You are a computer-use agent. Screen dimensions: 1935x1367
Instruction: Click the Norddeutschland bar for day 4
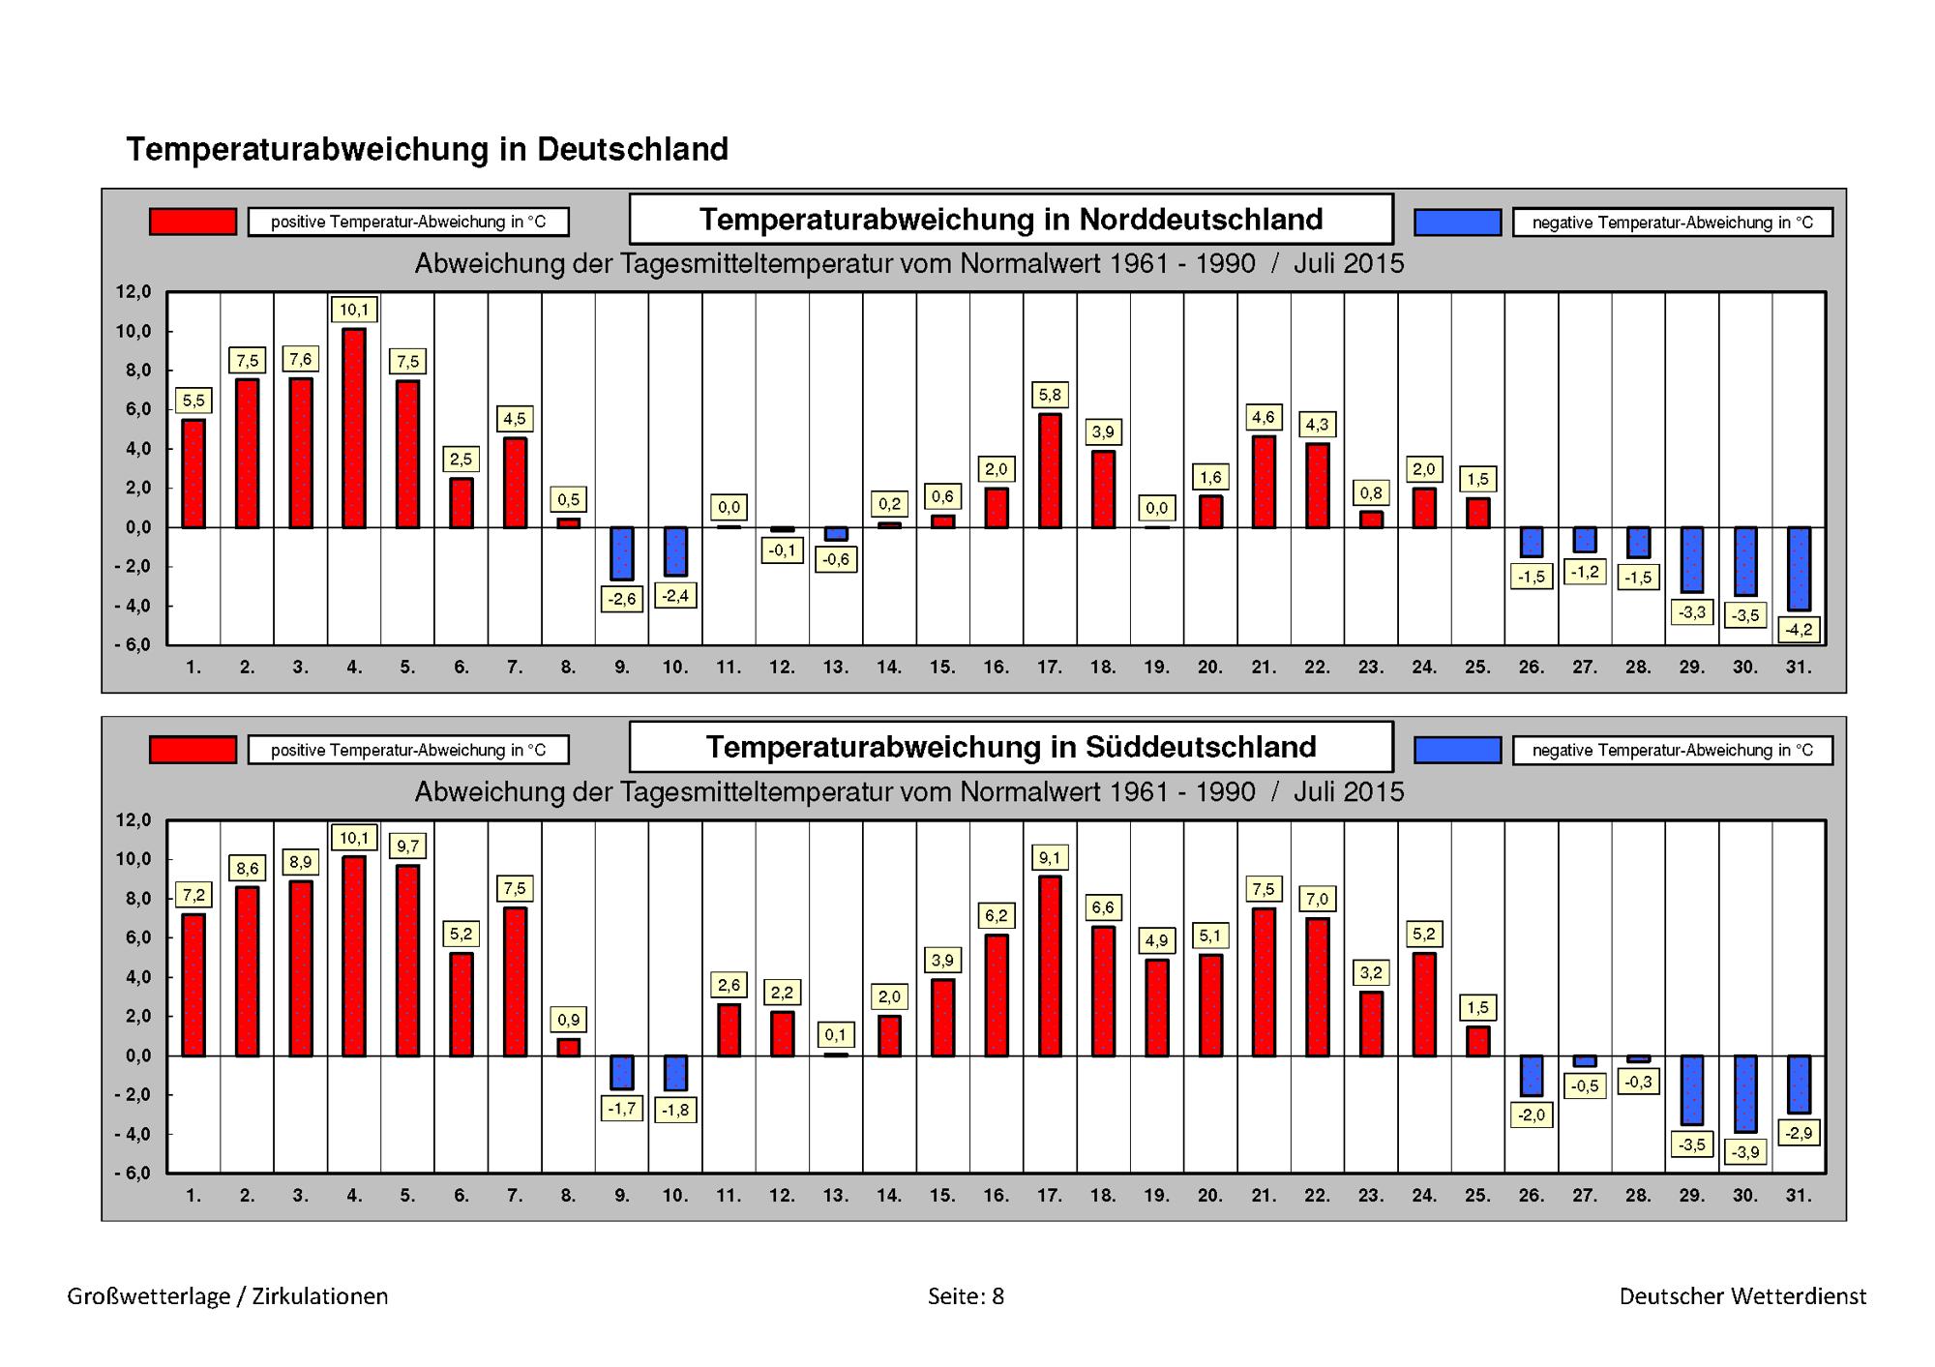coord(354,428)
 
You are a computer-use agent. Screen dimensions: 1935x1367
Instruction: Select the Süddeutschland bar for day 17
coord(1050,966)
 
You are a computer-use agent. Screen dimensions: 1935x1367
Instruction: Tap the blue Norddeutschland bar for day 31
coord(1799,569)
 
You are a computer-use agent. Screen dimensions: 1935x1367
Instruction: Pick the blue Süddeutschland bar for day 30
coord(1745,1093)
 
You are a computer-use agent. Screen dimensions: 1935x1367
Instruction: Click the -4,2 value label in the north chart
coord(1799,630)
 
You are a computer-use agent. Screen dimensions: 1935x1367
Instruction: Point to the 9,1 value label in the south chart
coord(1050,858)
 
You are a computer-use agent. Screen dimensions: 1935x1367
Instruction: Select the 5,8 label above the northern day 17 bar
coord(1050,395)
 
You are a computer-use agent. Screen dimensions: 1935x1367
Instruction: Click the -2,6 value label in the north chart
coord(621,600)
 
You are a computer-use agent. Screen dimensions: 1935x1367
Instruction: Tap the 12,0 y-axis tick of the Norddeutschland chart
coord(134,292)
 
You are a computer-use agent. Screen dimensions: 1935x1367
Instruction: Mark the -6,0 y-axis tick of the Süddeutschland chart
coord(132,1174)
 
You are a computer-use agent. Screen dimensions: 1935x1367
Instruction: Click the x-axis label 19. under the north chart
coord(1157,668)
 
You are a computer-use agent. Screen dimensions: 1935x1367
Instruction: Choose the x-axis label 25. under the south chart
coord(1477,1196)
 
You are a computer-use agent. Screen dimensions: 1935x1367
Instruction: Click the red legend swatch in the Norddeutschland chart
coord(193,222)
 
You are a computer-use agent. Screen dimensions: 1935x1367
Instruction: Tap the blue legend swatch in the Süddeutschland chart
coord(1458,750)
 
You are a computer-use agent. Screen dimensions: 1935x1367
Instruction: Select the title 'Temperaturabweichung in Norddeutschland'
coord(1011,220)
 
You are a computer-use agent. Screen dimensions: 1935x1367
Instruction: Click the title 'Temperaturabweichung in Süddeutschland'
coord(1011,747)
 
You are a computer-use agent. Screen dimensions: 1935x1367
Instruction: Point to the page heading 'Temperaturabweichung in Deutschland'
coord(427,149)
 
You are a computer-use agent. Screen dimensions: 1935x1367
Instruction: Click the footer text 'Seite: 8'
coord(966,1296)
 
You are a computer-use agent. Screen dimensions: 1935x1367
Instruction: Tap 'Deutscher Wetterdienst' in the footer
coord(1743,1296)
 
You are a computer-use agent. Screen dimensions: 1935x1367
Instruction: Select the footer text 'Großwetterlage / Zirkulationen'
coord(227,1297)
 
